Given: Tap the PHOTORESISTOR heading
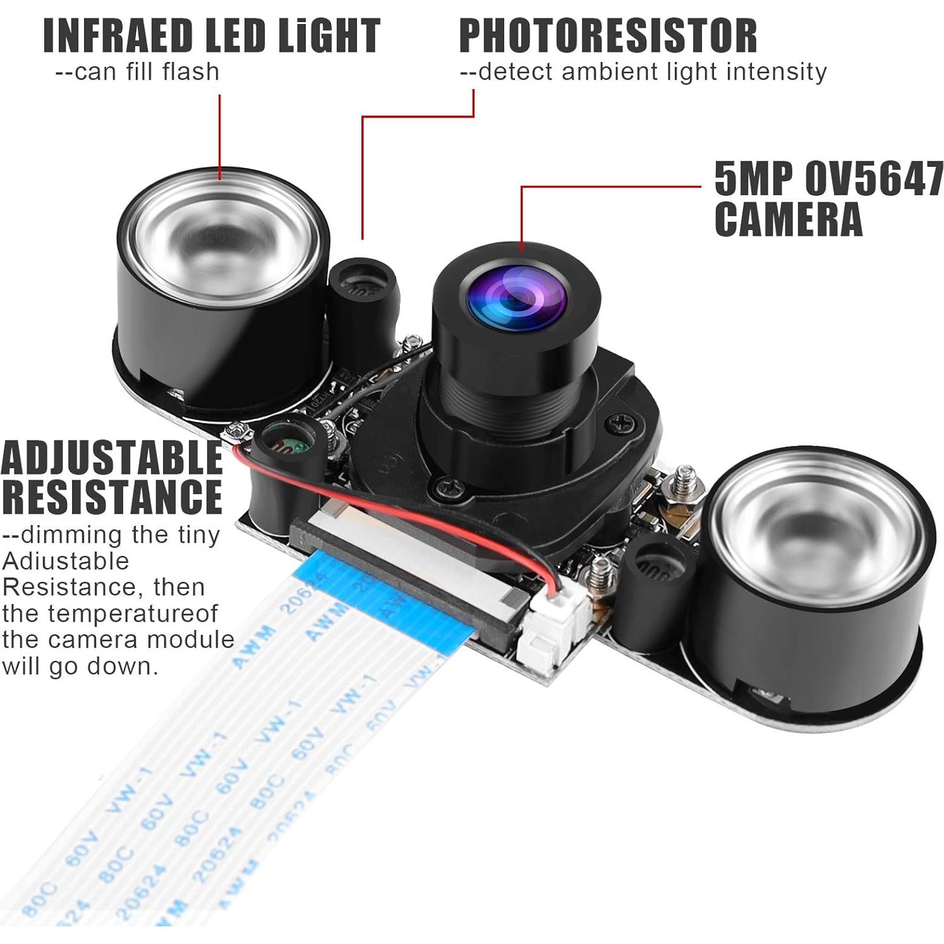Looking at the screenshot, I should tap(608, 36).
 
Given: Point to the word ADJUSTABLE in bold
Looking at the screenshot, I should tap(112, 458).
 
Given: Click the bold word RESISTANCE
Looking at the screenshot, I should tap(112, 497).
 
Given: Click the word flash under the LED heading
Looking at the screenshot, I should tap(190, 72).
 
